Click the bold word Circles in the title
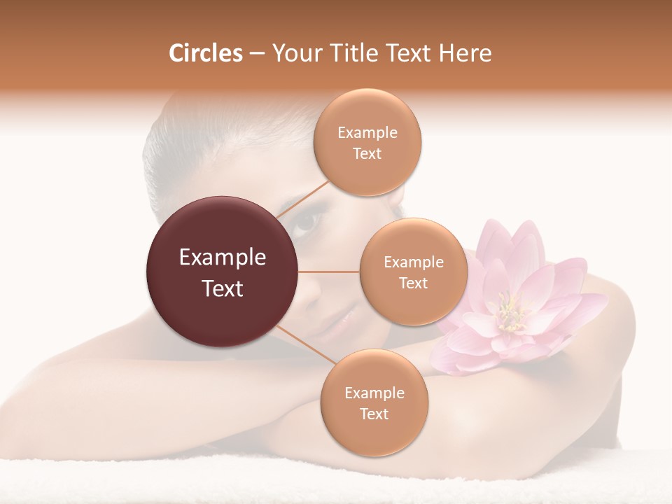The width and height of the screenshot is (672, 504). tap(206, 53)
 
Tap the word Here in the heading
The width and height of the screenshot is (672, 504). tap(463, 53)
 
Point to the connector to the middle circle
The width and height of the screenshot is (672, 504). tap(329, 272)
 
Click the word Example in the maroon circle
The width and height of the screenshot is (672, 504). tap(223, 258)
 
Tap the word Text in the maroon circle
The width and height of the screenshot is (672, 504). tap(223, 288)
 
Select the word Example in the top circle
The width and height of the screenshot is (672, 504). tap(367, 133)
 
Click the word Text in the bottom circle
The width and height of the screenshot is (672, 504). tap(374, 414)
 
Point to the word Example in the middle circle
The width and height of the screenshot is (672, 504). tap(414, 262)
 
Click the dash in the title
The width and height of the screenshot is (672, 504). tap(257, 54)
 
